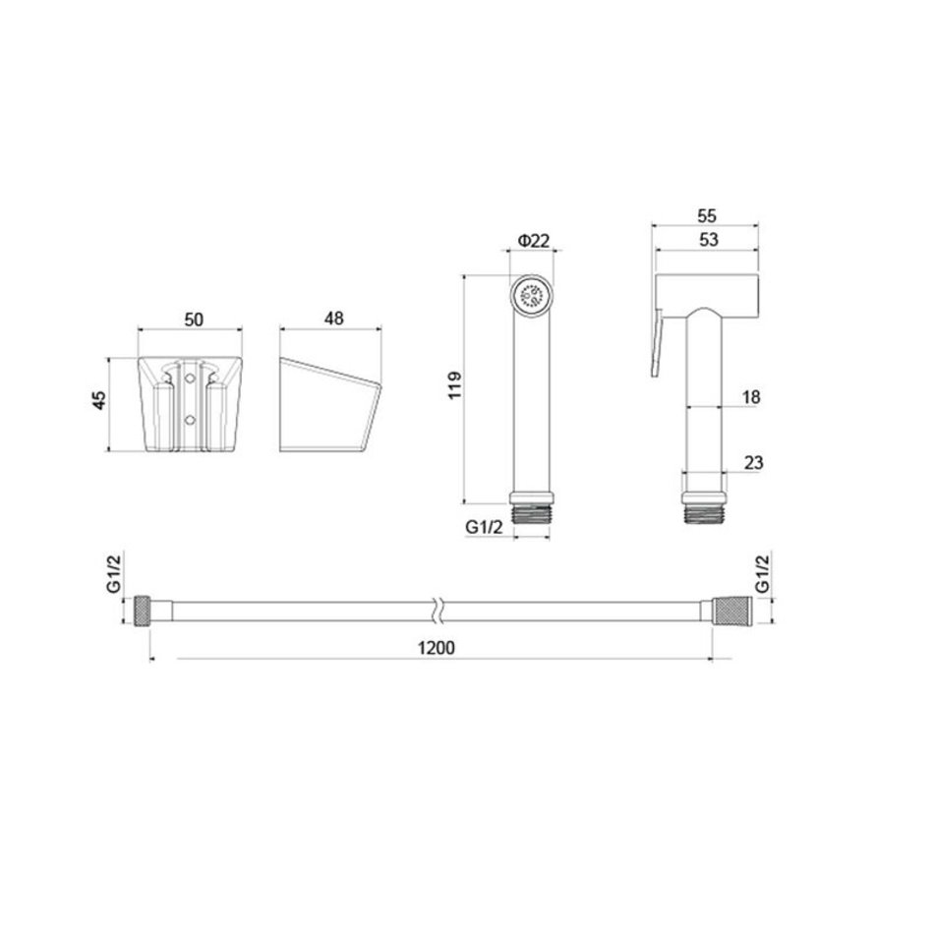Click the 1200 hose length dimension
point(436,648)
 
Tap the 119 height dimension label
point(454,385)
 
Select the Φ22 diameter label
point(534,241)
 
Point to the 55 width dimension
point(707,215)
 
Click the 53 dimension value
point(708,240)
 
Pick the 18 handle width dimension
point(752,397)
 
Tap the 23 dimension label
point(753,462)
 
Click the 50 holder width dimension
point(194,320)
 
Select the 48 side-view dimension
point(333,319)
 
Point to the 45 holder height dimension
point(99,400)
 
